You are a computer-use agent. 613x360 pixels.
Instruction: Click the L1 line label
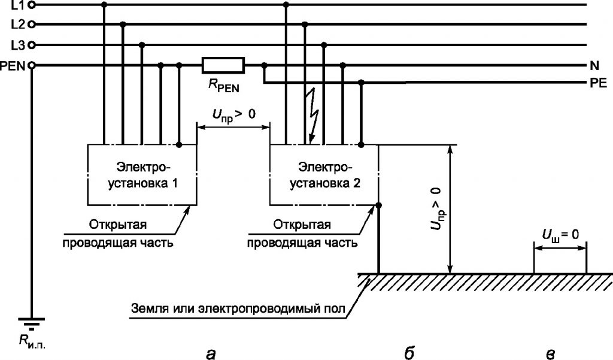[x=18, y=5]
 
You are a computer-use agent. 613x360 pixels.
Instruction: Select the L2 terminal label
[x=18, y=25]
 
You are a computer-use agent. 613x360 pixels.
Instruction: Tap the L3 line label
[x=18, y=46]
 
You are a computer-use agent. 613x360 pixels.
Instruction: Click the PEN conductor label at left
[x=13, y=66]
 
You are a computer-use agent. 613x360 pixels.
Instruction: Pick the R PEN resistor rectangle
[x=223, y=65]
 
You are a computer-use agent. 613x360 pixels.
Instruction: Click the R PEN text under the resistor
[x=224, y=86]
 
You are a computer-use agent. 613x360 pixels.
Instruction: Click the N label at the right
[x=594, y=66]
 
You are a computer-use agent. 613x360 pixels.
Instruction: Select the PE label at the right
[x=598, y=83]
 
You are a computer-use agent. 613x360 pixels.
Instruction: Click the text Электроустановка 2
[x=325, y=175]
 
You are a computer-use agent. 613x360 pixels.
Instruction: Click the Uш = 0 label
[x=560, y=235]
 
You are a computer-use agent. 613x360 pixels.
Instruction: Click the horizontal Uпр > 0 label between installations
[x=234, y=115]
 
